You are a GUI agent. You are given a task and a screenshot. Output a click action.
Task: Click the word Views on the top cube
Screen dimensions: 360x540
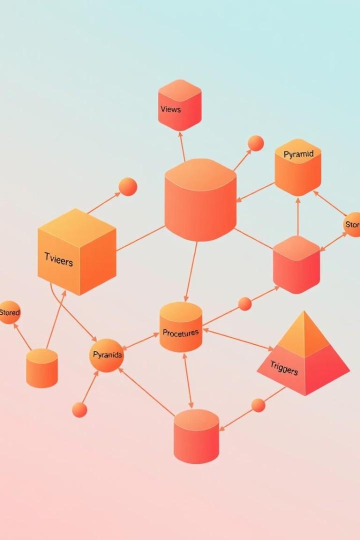click(x=170, y=109)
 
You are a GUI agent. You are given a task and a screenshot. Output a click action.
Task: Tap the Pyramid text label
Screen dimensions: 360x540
click(x=298, y=154)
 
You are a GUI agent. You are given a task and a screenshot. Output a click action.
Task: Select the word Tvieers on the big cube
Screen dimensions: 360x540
click(x=58, y=260)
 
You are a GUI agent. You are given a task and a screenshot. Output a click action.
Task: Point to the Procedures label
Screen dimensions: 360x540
click(x=180, y=332)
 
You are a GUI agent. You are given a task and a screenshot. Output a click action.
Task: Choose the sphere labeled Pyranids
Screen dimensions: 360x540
click(x=106, y=355)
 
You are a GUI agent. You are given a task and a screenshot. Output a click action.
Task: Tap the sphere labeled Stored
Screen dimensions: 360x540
click(x=9, y=312)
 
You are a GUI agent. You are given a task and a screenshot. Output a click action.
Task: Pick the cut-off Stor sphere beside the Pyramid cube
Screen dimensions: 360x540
click(x=352, y=225)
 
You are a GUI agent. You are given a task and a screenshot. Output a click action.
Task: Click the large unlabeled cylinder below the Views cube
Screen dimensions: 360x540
click(x=200, y=200)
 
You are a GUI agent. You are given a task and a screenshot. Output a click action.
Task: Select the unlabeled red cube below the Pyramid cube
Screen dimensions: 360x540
click(x=296, y=265)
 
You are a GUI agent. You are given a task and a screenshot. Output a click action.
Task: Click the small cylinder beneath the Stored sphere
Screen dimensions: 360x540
click(x=42, y=368)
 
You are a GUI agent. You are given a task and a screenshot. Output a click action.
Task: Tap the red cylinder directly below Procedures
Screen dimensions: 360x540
click(x=196, y=436)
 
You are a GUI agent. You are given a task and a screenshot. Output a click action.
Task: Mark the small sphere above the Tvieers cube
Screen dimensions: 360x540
click(x=128, y=186)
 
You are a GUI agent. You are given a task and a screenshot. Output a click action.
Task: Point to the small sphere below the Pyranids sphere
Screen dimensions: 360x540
click(x=79, y=410)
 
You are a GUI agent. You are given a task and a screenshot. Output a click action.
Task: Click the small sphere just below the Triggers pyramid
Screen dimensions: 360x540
click(x=258, y=405)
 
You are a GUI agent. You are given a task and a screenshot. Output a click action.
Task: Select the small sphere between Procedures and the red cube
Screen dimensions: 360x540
click(x=245, y=303)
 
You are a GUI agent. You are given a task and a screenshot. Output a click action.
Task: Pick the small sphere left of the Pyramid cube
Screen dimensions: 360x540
click(x=255, y=143)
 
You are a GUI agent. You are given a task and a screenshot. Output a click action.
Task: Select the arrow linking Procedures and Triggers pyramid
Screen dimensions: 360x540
click(x=238, y=339)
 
